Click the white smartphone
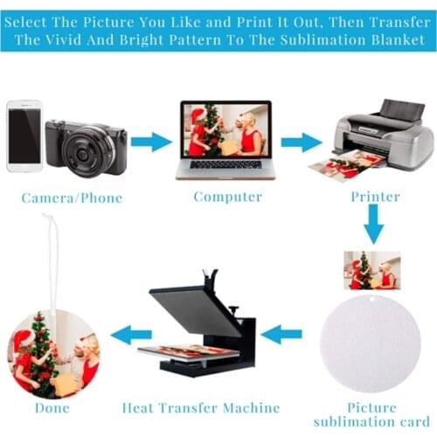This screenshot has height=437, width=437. pyautogui.click(x=24, y=136)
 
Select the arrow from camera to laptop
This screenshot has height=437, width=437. pyautogui.click(x=151, y=142)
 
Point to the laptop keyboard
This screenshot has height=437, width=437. pyautogui.click(x=225, y=164)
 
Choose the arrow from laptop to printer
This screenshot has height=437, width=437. pyautogui.click(x=302, y=142)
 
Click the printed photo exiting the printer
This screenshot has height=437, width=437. pyautogui.click(x=347, y=165)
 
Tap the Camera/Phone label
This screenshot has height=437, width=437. pyautogui.click(x=72, y=198)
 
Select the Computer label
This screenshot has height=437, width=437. pyautogui.click(x=228, y=197)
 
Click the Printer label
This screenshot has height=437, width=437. pyautogui.click(x=375, y=197)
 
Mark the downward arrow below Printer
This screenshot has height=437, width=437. pyautogui.click(x=373, y=224)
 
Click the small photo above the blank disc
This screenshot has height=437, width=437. pyautogui.click(x=372, y=270)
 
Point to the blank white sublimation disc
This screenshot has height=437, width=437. pyautogui.click(x=371, y=343)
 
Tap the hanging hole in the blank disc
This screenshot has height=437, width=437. pyautogui.click(x=371, y=300)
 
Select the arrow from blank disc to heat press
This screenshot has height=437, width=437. pyautogui.click(x=281, y=334)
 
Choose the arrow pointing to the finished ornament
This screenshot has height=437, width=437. pyautogui.click(x=131, y=335)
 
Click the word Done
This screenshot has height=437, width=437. pyautogui.click(x=52, y=408)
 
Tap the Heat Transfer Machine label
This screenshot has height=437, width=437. pyautogui.click(x=201, y=408)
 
